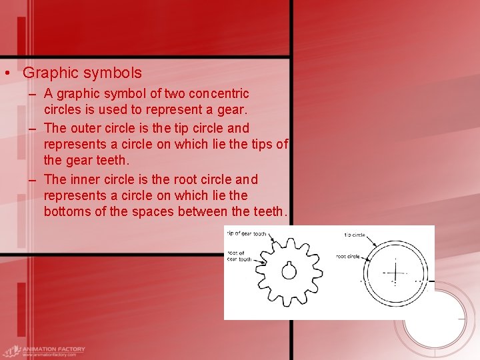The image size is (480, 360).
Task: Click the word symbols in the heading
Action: (x=113, y=72)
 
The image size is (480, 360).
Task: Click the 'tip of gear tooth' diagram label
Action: (x=247, y=234)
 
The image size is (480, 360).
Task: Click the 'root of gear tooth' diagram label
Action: (x=239, y=256)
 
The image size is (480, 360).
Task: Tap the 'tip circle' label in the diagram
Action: (x=354, y=235)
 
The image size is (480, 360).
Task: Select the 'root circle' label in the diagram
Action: (x=347, y=256)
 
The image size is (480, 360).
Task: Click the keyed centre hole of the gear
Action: (x=289, y=271)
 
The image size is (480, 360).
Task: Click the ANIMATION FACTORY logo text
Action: (x=53, y=349)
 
